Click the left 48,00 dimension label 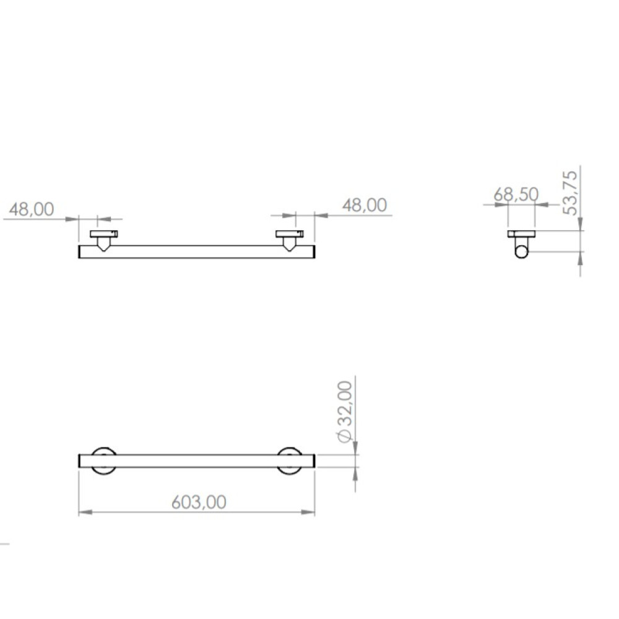(32, 209)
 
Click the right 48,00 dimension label (365, 206)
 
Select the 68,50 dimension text (516, 194)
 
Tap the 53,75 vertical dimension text (571, 193)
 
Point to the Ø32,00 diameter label (345, 412)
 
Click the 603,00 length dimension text (199, 502)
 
